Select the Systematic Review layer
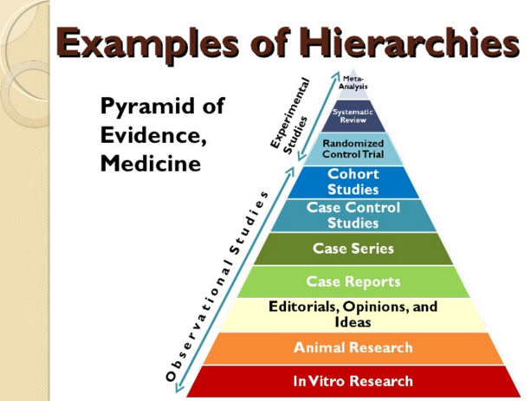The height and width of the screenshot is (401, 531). (353, 116)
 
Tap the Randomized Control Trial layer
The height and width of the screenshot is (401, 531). (353, 149)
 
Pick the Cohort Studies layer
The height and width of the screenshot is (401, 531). (353, 182)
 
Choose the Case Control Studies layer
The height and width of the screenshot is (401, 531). (353, 216)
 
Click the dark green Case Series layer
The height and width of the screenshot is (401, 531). (353, 249)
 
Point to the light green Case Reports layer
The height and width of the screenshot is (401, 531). (353, 281)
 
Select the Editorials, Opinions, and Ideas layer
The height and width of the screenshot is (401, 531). (353, 315)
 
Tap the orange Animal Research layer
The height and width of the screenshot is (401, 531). (353, 348)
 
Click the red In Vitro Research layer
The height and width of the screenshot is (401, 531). (353, 381)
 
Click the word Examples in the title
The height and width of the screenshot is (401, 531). (147, 43)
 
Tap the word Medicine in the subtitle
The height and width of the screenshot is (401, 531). (151, 164)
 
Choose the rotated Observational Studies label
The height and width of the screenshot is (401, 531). (217, 287)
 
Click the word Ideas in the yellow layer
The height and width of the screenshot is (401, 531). (353, 322)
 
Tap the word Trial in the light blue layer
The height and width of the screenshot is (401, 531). (373, 154)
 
